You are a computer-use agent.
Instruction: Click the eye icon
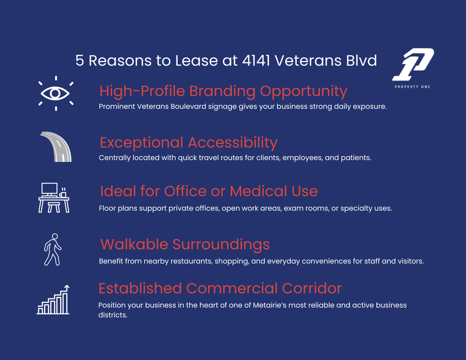[x=56, y=93]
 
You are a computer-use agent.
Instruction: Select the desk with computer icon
[x=54, y=198]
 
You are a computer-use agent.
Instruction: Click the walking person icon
[x=53, y=249]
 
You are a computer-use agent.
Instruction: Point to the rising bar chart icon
[x=53, y=300]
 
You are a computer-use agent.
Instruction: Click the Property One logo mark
[x=413, y=65]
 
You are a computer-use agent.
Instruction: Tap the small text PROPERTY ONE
[x=413, y=87]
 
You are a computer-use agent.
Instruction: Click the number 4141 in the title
[x=256, y=61]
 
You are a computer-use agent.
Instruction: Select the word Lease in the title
[x=197, y=61]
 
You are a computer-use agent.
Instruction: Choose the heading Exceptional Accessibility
[x=188, y=143]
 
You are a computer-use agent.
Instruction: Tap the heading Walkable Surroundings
[x=185, y=245]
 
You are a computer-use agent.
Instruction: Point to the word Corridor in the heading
[x=312, y=288]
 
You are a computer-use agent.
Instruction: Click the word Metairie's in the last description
[x=269, y=305]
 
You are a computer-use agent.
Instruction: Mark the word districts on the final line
[x=113, y=315]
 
